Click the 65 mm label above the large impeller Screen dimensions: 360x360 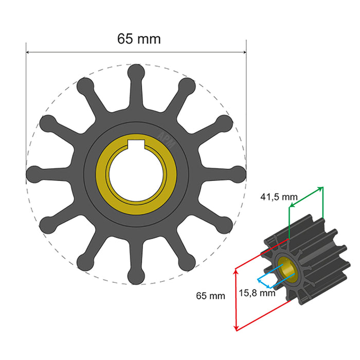pos(138,39)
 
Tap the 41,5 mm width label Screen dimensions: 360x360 pos(279,196)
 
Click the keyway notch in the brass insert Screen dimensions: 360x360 pos(136,145)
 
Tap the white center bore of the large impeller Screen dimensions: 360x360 pos(136,174)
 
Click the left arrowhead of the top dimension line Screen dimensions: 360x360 pos(29,52)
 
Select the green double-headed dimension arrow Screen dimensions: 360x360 pos(306,197)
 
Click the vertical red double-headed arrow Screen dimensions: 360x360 pos(236,299)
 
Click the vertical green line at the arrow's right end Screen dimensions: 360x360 pos(323,206)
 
